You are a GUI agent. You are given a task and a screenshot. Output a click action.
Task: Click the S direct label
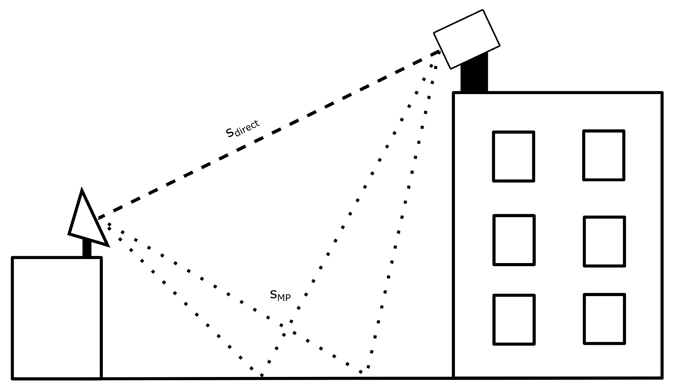[x=242, y=129]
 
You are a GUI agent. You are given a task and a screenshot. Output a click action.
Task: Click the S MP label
[x=280, y=295]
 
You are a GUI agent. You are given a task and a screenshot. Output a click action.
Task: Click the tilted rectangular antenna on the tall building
[x=467, y=39]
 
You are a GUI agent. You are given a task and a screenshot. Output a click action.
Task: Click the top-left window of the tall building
[x=514, y=156]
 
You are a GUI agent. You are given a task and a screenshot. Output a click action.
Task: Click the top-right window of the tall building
[x=604, y=155]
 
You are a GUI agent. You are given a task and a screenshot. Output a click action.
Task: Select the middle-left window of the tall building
[x=514, y=240]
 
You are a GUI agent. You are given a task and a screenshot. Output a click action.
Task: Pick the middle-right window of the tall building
[x=604, y=241]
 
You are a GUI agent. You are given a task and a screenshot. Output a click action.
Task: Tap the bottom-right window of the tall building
[x=604, y=319]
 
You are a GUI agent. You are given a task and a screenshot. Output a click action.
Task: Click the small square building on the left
[x=57, y=318]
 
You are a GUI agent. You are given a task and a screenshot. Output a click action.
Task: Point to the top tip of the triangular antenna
[x=82, y=189]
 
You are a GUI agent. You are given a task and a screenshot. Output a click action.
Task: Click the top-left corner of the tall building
[x=454, y=93]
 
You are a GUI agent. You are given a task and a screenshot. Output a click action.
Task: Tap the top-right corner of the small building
[x=101, y=258]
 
